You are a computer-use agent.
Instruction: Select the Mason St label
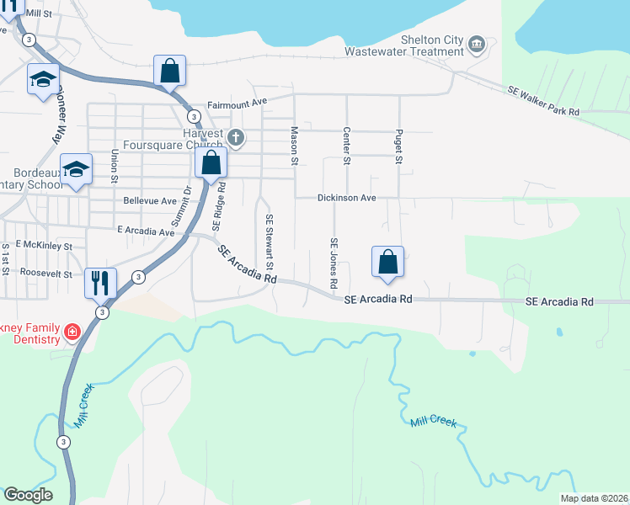click(x=295, y=145)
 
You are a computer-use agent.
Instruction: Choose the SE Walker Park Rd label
click(x=543, y=100)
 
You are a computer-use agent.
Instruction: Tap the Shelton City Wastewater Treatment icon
click(x=477, y=43)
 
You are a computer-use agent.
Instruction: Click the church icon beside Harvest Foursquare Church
click(x=237, y=136)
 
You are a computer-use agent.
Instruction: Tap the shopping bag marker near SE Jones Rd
click(x=387, y=261)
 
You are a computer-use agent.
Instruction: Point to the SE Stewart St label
click(x=270, y=242)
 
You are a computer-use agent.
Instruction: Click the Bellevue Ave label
click(x=150, y=201)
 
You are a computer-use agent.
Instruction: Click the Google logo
click(x=28, y=495)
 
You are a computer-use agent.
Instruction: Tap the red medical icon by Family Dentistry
click(x=73, y=332)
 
